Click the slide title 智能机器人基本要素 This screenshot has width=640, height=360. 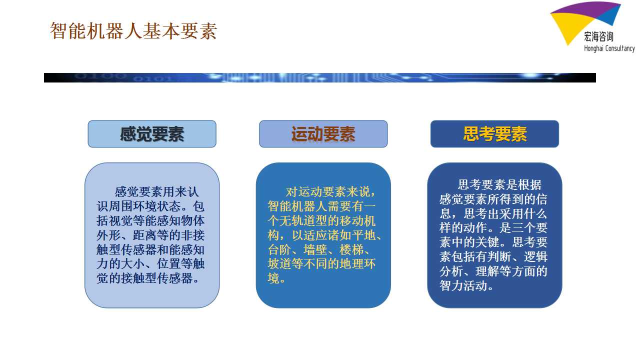coord(133,31)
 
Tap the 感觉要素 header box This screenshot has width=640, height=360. coord(152,134)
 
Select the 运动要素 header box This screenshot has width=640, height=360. coord(323,134)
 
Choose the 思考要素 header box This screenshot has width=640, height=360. coord(494,134)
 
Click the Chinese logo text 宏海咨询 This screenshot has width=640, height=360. coord(598,36)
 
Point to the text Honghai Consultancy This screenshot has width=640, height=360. coord(609,48)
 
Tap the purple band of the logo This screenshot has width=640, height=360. coord(583,8)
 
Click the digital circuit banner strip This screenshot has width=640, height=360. coord(320,77)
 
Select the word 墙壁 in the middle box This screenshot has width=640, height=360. coord(315,249)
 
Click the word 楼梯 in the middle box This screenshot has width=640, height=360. coord(351,249)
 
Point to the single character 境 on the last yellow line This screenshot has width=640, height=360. coord(273,278)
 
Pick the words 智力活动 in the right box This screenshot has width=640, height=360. coord(463,285)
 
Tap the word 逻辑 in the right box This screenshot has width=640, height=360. coord(535,256)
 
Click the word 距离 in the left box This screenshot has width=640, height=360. coord(144,235)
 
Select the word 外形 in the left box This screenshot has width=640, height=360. coord(108,235)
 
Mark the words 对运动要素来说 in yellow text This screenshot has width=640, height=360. coord(327,191)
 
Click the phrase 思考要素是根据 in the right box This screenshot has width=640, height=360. coord(499,184)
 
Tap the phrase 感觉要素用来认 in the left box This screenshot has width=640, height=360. coord(156,191)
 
